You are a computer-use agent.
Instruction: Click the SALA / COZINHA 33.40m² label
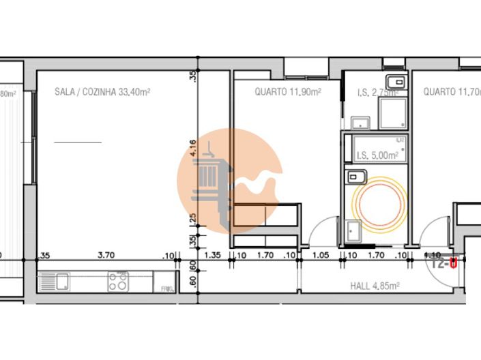click(x=102, y=91)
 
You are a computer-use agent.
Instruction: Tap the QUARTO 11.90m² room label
click(x=287, y=91)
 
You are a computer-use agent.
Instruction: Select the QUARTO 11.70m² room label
click(x=451, y=91)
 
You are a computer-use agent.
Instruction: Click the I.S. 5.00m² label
click(x=377, y=155)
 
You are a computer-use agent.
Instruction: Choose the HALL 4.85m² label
click(x=375, y=286)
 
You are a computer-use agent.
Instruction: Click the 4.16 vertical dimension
click(x=194, y=147)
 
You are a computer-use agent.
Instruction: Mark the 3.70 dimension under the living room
click(x=105, y=256)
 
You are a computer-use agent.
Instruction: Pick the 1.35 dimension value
click(x=214, y=256)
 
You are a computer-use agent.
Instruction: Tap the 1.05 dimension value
click(x=321, y=256)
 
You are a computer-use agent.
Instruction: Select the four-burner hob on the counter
click(x=118, y=281)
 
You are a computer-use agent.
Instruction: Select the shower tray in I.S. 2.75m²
click(x=393, y=113)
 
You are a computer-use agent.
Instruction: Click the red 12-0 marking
click(x=444, y=262)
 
